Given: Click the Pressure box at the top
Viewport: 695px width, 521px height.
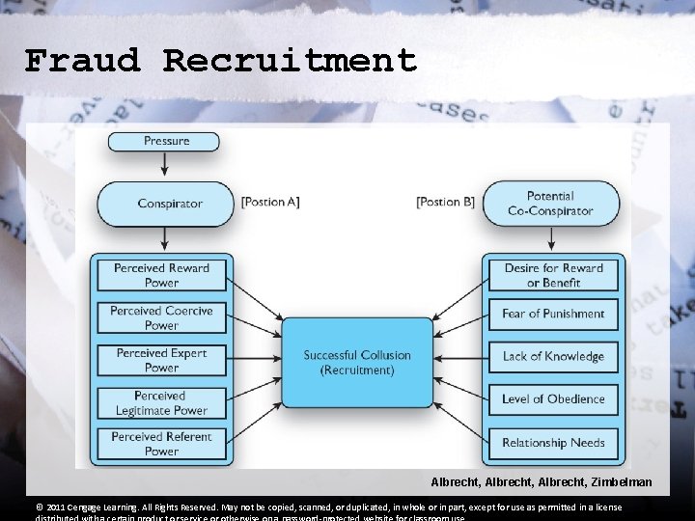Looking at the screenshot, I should tap(167, 141).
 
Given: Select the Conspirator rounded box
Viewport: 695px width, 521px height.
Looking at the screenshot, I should tap(166, 203).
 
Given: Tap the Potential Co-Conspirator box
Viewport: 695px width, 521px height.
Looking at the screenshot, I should tap(550, 203).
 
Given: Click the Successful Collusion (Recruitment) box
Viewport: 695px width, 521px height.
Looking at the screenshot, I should tap(357, 362).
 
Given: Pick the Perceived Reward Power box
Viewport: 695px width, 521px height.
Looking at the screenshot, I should tap(161, 275).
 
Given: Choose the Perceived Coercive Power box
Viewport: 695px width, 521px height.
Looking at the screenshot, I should tap(161, 317).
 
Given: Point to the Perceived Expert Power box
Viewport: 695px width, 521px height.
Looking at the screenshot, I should tap(161, 360).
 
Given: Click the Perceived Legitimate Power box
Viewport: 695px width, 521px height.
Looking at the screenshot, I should tap(161, 402).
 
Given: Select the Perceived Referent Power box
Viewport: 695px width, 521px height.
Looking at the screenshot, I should tap(161, 444).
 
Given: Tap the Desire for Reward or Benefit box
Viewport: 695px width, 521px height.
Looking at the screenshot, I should tap(553, 275).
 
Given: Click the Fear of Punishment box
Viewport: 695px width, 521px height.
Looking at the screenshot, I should tap(553, 314).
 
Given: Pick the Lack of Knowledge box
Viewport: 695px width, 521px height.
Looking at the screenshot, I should tap(553, 356).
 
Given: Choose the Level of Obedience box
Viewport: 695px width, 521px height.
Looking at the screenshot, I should tap(553, 398).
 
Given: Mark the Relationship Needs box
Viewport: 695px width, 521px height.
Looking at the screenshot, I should tap(553, 443).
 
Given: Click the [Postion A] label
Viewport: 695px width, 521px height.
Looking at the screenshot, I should tap(269, 202).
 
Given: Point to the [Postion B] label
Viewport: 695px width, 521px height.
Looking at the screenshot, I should tap(445, 202).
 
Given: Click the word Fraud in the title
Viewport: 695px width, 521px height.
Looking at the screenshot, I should tap(83, 62).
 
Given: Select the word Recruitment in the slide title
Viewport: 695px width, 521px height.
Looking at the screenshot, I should tap(290, 62).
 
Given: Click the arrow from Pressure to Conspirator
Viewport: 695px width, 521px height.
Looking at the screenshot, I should tap(166, 165).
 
